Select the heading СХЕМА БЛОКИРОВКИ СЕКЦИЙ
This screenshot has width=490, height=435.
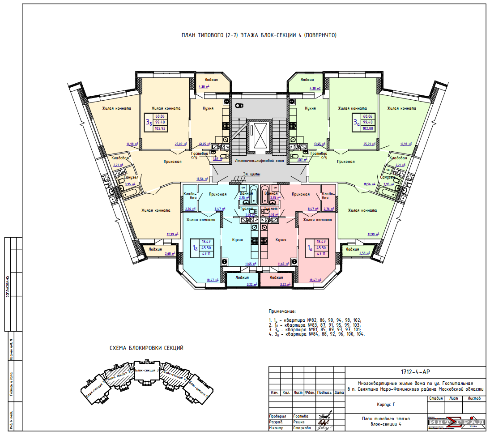pos(147,348)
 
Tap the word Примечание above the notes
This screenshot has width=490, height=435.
pos(282,311)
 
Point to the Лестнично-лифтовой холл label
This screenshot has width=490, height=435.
pos(259,161)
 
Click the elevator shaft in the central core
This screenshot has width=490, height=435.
pos(259,135)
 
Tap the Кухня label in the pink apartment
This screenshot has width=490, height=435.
pos(281,240)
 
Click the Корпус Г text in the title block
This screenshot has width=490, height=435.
pos(386,404)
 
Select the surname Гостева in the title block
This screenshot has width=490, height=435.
pos(301,416)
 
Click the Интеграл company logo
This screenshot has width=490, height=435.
pos(456,422)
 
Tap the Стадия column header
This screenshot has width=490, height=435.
pos(435,398)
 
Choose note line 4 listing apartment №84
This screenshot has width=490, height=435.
pos(317,334)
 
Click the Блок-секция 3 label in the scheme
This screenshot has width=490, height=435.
pos(146,371)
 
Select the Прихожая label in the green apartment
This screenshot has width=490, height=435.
pos(346,162)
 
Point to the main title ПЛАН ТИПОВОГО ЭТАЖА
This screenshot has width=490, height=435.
pos(259,35)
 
